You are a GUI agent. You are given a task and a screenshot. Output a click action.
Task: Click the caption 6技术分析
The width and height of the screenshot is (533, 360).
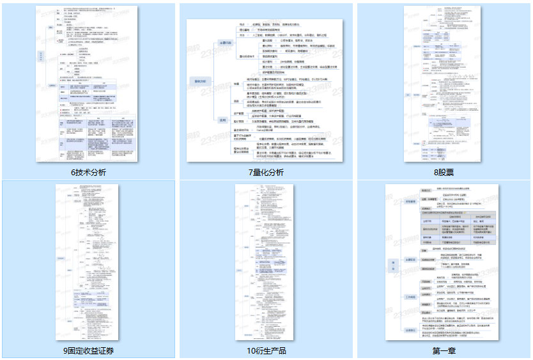[x=89, y=173]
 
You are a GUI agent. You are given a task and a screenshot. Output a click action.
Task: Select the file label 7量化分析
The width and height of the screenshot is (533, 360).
[x=266, y=173]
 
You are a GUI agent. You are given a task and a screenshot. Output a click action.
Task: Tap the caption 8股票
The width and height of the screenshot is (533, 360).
[x=444, y=173]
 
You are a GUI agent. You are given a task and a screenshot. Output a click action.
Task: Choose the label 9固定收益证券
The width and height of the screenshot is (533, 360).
[x=89, y=350]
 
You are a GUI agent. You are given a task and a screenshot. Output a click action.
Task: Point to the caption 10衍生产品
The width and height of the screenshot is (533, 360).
[x=266, y=350]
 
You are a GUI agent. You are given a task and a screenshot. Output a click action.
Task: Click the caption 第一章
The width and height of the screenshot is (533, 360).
[x=444, y=350]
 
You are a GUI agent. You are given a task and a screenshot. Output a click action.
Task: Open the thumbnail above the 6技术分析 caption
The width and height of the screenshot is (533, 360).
[x=89, y=83]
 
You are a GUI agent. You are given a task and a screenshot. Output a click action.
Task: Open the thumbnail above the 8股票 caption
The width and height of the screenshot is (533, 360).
[x=444, y=83]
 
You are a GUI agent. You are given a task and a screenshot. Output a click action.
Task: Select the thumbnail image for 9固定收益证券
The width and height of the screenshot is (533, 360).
[x=89, y=262]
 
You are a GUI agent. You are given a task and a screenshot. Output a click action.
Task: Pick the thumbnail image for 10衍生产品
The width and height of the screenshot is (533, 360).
[x=266, y=262]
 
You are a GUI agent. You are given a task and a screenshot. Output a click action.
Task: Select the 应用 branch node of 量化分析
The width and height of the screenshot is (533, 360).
[x=224, y=120]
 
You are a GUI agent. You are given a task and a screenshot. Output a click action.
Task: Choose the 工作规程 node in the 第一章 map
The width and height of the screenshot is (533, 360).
[x=411, y=297]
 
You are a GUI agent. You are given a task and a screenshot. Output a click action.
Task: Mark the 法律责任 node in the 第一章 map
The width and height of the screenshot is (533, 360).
[x=411, y=330]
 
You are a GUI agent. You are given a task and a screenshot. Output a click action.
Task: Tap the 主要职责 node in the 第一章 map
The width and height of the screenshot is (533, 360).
[x=411, y=260]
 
